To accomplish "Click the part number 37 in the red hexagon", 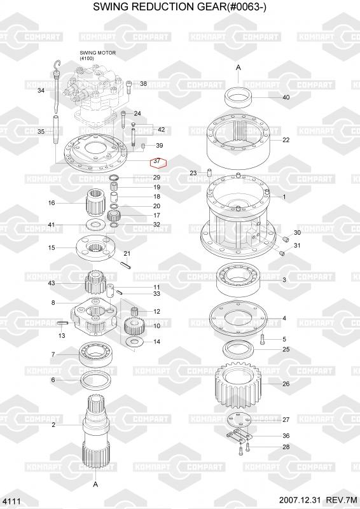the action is coord(157,161).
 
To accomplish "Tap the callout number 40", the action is coord(286,97).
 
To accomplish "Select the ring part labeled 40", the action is coord(239,97).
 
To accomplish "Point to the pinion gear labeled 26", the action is coord(239,384).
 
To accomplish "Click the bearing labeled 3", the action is coord(239,280).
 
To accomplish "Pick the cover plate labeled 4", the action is coord(239,318).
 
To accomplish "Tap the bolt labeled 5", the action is coord(263,339).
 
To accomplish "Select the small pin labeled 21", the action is coord(127,265).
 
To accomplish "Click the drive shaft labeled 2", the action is coord(95,432).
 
